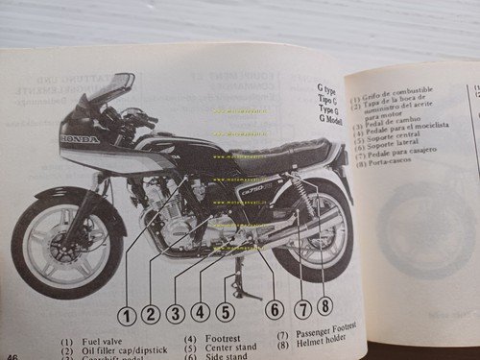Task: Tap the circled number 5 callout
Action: tap(225, 311)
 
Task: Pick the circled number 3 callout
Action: tap(175, 312)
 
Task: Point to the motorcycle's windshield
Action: tap(108, 92)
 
